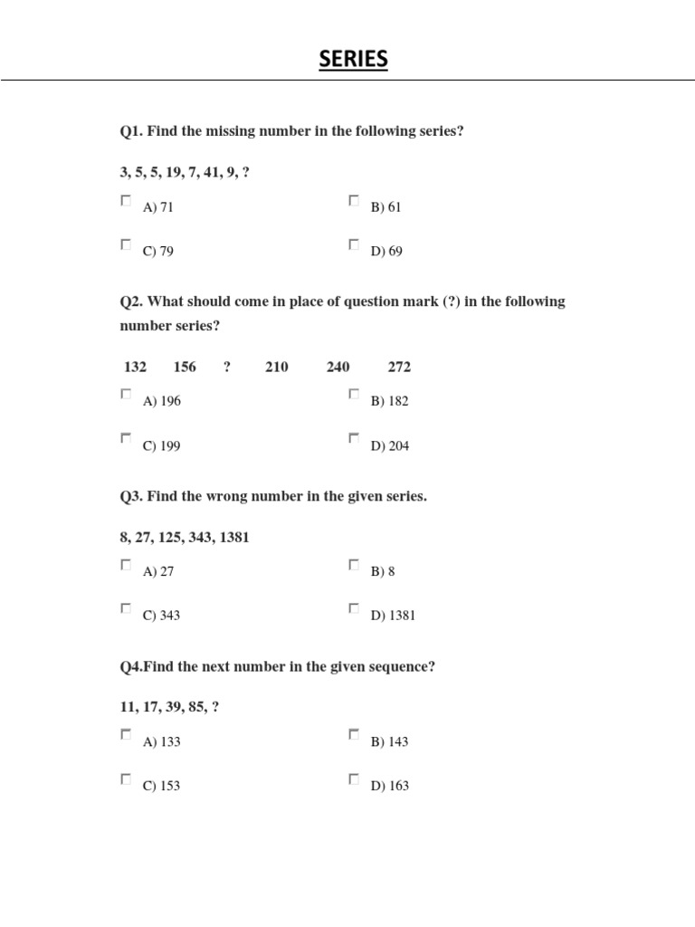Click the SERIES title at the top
(x=353, y=60)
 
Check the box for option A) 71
(x=126, y=201)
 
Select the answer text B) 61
(x=386, y=207)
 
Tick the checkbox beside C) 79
(x=126, y=244)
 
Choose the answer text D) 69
(x=386, y=252)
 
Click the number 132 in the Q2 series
(x=135, y=367)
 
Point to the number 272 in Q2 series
(x=399, y=367)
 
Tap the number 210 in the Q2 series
(x=277, y=367)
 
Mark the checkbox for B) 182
(x=354, y=395)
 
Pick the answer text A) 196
(x=162, y=401)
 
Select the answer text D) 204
(x=390, y=445)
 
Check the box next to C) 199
(x=126, y=438)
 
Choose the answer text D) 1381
(x=393, y=616)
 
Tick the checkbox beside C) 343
(x=126, y=608)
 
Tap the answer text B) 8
(x=383, y=572)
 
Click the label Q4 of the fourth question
(x=130, y=667)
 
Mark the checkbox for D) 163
(x=354, y=779)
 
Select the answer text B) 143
(x=389, y=742)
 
